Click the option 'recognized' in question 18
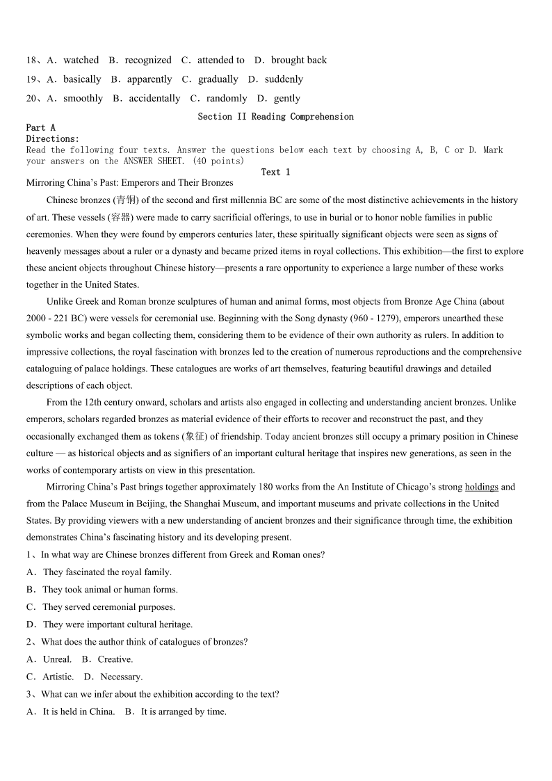point(147,61)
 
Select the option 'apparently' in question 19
point(149,79)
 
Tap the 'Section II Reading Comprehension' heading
point(275,117)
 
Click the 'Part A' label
point(40,128)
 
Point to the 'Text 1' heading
point(275,172)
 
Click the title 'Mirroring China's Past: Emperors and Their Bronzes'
point(129,183)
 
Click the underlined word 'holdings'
point(481,487)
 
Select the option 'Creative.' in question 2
point(115,659)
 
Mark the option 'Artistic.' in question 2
point(58,677)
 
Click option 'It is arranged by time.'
point(184,711)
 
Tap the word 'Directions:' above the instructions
point(53,139)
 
